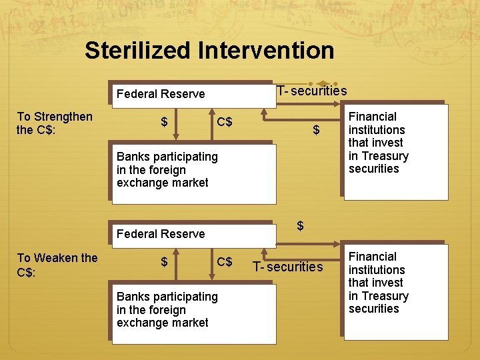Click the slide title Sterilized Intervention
coord(209,51)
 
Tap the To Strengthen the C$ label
coord(55,123)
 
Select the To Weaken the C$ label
coord(57,265)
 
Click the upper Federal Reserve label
coord(161,94)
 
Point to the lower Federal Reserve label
coord(161,234)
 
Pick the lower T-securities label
coord(287,267)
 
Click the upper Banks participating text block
coord(167,169)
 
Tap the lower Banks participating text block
coord(167,309)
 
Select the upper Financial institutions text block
coord(378,143)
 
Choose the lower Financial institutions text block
coord(378,283)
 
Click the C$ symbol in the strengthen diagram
coord(225,122)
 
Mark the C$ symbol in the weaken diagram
coord(225,262)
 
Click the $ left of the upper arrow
coord(164,122)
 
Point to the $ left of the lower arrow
coord(164,262)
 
